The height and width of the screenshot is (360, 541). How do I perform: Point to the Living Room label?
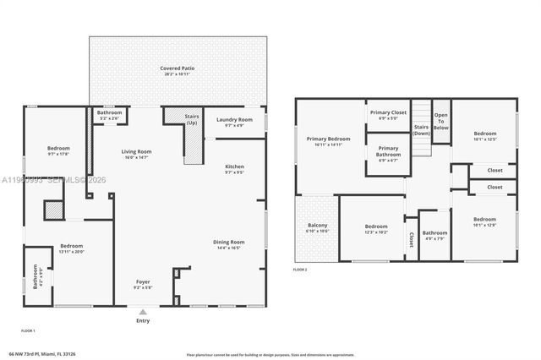click(136, 154)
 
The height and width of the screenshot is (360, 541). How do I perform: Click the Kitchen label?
click(234, 169)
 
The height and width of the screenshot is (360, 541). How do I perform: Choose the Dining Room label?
click(228, 245)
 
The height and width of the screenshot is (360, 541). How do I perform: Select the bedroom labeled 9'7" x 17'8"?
click(58, 151)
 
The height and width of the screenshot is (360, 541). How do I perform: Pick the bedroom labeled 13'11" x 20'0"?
click(71, 248)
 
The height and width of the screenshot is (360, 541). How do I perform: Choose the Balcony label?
click(317, 227)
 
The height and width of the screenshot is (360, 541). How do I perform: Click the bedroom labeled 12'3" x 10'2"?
click(376, 228)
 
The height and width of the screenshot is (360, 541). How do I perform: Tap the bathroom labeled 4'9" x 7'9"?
click(434, 235)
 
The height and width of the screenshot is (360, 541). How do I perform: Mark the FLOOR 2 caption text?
click(300, 269)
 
